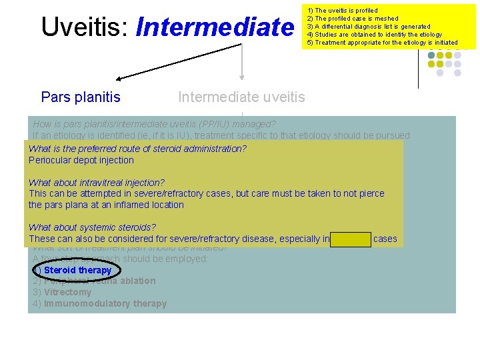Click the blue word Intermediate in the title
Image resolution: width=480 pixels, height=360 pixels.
click(x=214, y=27)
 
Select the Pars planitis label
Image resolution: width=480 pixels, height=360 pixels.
click(x=81, y=97)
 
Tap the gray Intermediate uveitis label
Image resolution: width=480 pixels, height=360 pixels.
click(x=241, y=97)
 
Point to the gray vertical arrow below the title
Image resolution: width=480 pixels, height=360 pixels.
click(x=241, y=63)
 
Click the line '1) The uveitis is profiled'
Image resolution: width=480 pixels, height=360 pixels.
click(x=342, y=11)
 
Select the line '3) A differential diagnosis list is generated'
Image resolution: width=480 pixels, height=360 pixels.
click(x=369, y=27)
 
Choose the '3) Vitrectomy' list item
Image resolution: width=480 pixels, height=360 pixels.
click(x=62, y=292)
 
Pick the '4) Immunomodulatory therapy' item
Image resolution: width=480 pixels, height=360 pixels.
click(x=99, y=303)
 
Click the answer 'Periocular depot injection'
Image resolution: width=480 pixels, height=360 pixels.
click(x=81, y=160)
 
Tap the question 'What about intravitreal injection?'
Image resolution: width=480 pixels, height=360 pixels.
click(x=97, y=182)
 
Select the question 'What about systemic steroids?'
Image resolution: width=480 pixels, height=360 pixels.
click(x=92, y=227)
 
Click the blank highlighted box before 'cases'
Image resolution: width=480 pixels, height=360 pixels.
click(x=351, y=239)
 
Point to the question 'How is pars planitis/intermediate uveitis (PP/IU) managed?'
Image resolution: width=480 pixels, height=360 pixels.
click(x=154, y=124)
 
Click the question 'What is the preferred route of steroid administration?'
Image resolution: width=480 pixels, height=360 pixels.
click(x=137, y=149)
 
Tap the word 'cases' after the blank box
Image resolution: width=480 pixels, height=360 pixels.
click(x=385, y=239)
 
